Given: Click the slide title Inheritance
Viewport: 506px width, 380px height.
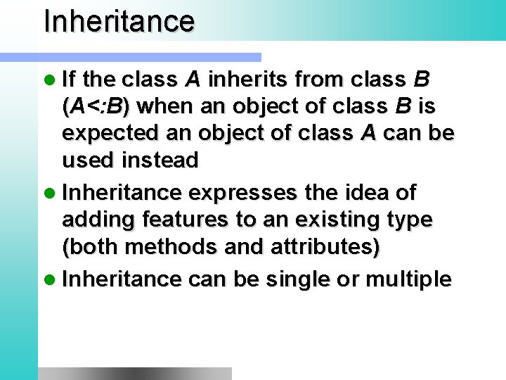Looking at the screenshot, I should [119, 21].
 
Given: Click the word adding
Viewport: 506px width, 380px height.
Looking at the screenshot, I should [98, 220].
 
